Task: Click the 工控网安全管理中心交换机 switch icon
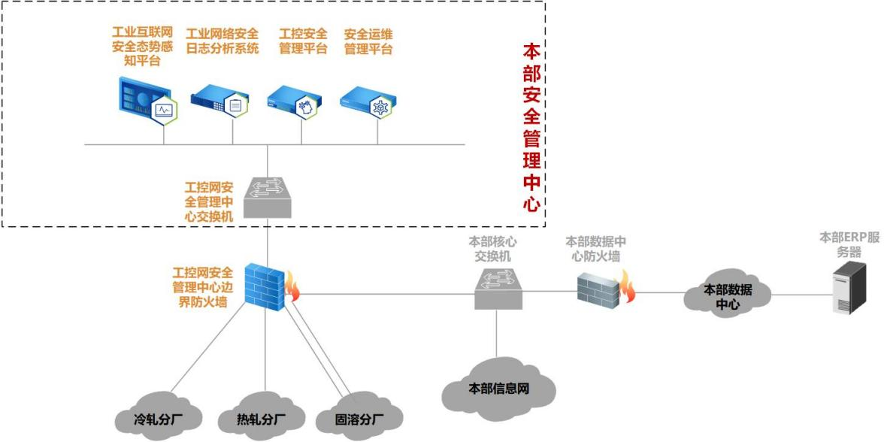click(268, 195)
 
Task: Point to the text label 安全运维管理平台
click(368, 42)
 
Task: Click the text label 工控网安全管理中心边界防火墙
click(202, 286)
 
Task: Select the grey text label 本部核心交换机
click(492, 248)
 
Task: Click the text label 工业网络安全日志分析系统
click(222, 42)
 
